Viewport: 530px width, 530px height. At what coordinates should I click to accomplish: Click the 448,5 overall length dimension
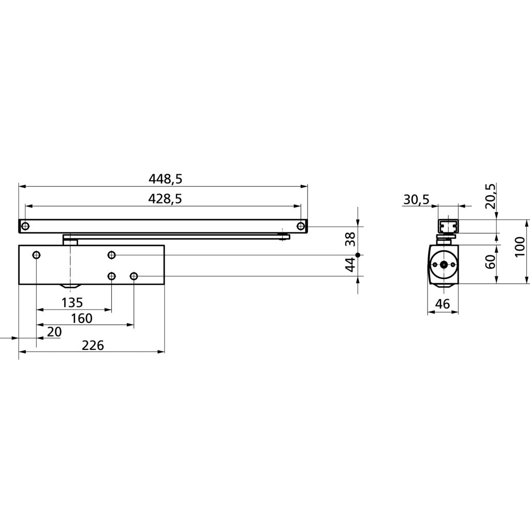click(x=166, y=179)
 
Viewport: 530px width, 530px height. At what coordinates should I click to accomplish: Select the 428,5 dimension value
click(x=165, y=199)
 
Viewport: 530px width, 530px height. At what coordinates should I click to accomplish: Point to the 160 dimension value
click(x=81, y=318)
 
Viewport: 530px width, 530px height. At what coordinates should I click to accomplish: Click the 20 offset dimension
click(x=54, y=331)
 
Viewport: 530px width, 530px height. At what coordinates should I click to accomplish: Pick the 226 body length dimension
click(x=93, y=345)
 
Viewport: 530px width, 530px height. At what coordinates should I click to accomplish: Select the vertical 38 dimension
click(x=350, y=239)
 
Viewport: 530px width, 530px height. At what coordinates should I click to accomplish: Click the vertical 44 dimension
click(x=350, y=265)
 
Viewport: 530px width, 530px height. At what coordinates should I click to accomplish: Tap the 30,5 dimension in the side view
click(x=416, y=200)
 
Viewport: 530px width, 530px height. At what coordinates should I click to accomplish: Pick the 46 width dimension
click(x=443, y=304)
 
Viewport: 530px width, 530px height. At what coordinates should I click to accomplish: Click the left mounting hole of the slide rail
click(x=25, y=226)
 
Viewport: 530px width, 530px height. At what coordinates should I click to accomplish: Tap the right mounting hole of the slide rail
click(x=301, y=226)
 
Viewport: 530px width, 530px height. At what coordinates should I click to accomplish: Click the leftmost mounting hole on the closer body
click(x=36, y=255)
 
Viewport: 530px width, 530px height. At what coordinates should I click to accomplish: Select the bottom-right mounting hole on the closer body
click(x=134, y=276)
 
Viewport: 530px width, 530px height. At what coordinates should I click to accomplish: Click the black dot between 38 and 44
click(x=358, y=255)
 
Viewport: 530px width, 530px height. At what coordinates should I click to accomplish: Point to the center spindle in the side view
click(x=443, y=264)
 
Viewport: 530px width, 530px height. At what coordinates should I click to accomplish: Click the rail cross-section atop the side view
click(x=448, y=227)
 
